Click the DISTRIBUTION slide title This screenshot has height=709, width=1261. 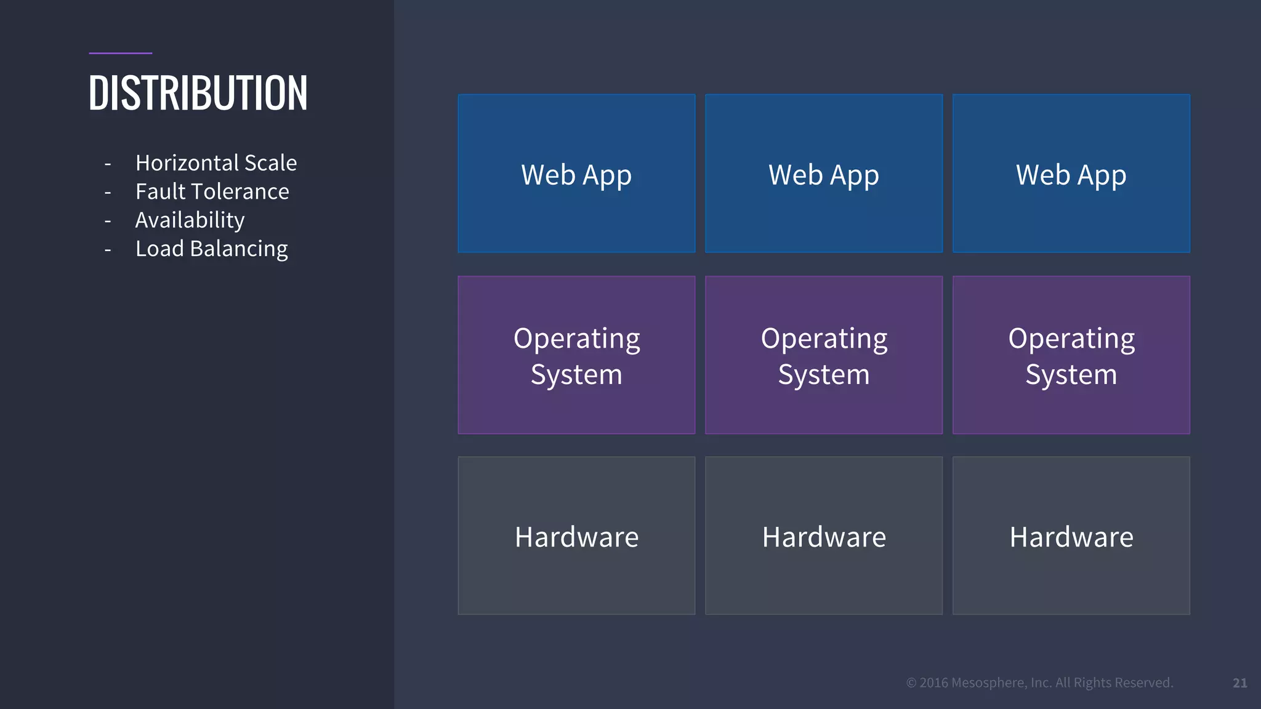[x=198, y=94]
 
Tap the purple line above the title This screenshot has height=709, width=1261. [x=120, y=54]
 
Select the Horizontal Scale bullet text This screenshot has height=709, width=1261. [x=216, y=163]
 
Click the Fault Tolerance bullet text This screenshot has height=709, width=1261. [x=212, y=191]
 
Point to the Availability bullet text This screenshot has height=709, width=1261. [x=190, y=220]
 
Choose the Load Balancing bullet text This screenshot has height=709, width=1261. [x=211, y=249]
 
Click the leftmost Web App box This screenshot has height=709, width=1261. [x=576, y=174]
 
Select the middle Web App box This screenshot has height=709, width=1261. [x=823, y=174]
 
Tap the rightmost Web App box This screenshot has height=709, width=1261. [x=1071, y=174]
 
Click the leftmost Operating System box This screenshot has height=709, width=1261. [x=576, y=355]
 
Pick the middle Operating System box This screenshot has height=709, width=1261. [x=823, y=355]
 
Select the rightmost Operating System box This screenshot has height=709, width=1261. [x=1071, y=355]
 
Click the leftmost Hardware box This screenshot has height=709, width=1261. [x=576, y=535]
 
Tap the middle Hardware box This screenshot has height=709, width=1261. [x=823, y=535]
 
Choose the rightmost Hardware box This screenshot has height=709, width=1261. [x=1071, y=535]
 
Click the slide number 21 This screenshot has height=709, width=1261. [x=1239, y=683]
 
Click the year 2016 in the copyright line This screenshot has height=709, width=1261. [x=933, y=683]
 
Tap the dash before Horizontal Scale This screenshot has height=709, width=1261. [x=108, y=164]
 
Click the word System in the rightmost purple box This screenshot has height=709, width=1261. [x=1071, y=375]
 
